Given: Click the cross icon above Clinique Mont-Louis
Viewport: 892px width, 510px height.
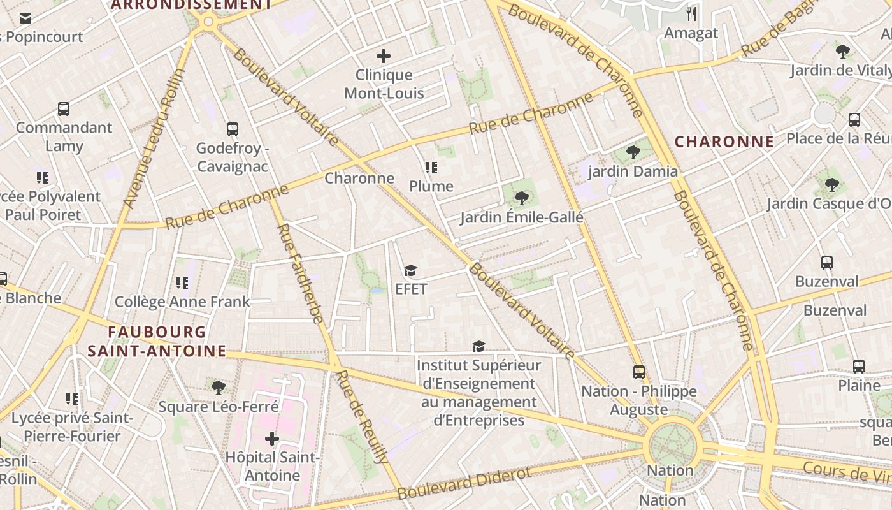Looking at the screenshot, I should click(384, 56).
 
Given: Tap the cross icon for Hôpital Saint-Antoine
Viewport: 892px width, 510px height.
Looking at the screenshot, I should click(272, 439).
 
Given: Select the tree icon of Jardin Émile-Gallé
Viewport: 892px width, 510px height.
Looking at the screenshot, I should click(522, 198).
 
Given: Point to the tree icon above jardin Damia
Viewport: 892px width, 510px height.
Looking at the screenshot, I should click(633, 152).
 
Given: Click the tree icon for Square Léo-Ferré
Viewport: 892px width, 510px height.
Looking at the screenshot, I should click(219, 387).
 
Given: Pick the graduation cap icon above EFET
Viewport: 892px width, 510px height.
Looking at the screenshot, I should click(411, 271).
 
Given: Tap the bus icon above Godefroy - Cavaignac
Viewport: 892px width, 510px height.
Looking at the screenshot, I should click(233, 129).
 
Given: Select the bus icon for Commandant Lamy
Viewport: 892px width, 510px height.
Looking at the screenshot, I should click(64, 109).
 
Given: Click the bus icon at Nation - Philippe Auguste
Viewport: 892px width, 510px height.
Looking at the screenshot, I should click(638, 372).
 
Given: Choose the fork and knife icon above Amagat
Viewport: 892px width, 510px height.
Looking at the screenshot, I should click(691, 14).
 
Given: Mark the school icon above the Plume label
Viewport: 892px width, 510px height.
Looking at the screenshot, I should click(431, 168).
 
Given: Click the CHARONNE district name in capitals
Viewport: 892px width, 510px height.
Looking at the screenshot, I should click(724, 142).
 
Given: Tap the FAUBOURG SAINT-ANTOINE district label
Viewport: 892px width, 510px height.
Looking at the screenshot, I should click(157, 342).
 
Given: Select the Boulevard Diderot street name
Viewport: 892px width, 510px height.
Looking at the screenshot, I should click(464, 483).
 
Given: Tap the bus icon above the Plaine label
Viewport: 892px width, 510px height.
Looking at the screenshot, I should click(859, 367).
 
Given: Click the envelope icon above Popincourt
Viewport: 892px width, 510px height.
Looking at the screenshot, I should click(25, 18).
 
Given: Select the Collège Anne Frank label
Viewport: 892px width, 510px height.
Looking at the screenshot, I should click(182, 302).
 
